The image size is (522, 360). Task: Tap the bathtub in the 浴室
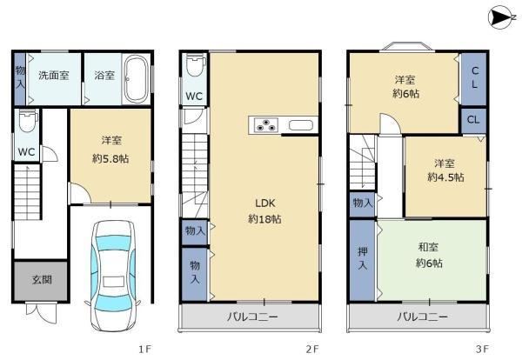[x=136, y=79]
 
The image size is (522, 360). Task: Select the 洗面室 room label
[x=54, y=75]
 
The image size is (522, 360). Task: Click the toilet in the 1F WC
[x=28, y=121]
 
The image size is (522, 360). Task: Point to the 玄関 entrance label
[x=42, y=280]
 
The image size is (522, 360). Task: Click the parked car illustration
[x=112, y=275]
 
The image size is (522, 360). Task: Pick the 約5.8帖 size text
[x=110, y=159]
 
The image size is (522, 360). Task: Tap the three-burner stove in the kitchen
[x=266, y=125]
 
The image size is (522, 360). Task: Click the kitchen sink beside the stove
[x=301, y=125]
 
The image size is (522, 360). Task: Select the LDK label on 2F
[x=265, y=203]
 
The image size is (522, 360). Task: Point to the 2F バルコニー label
[x=252, y=317]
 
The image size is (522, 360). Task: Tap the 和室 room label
[x=428, y=247]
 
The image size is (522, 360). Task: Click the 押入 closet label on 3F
[x=363, y=258]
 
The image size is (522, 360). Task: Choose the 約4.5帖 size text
[x=445, y=177]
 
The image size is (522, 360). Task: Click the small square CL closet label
[x=473, y=120]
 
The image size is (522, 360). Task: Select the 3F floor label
[x=482, y=349]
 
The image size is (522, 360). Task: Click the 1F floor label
[x=145, y=349]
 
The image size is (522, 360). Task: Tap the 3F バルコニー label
[x=422, y=317]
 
